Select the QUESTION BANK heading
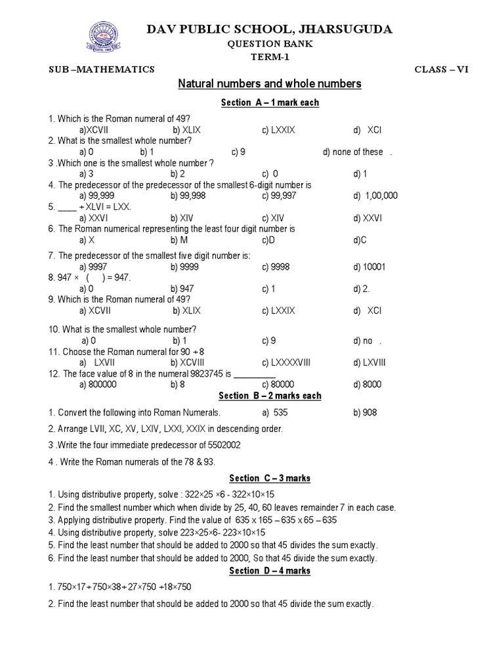[270, 44]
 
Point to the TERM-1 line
[270, 57]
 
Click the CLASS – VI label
[442, 70]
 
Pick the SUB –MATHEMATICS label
[102, 70]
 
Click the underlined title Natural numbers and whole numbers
[270, 85]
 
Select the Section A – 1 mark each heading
[270, 103]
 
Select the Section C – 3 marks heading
[270, 478]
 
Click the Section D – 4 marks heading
[270, 571]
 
